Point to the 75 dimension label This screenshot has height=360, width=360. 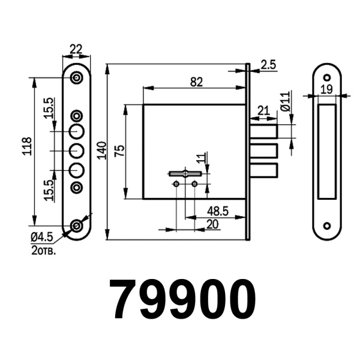(x=120, y=151)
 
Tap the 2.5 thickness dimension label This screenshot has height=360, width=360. (x=268, y=65)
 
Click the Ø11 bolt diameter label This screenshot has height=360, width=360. (x=286, y=103)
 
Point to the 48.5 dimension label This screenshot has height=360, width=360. (x=217, y=211)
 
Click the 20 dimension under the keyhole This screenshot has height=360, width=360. (x=212, y=223)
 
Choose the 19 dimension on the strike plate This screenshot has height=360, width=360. (x=327, y=89)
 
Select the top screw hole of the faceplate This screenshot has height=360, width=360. (x=77, y=78)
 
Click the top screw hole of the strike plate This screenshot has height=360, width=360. (x=327, y=78)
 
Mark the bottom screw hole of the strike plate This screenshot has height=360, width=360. (x=327, y=226)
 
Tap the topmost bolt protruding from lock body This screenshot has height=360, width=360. (x=263, y=131)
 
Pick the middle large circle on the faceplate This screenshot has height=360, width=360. (x=77, y=150)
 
